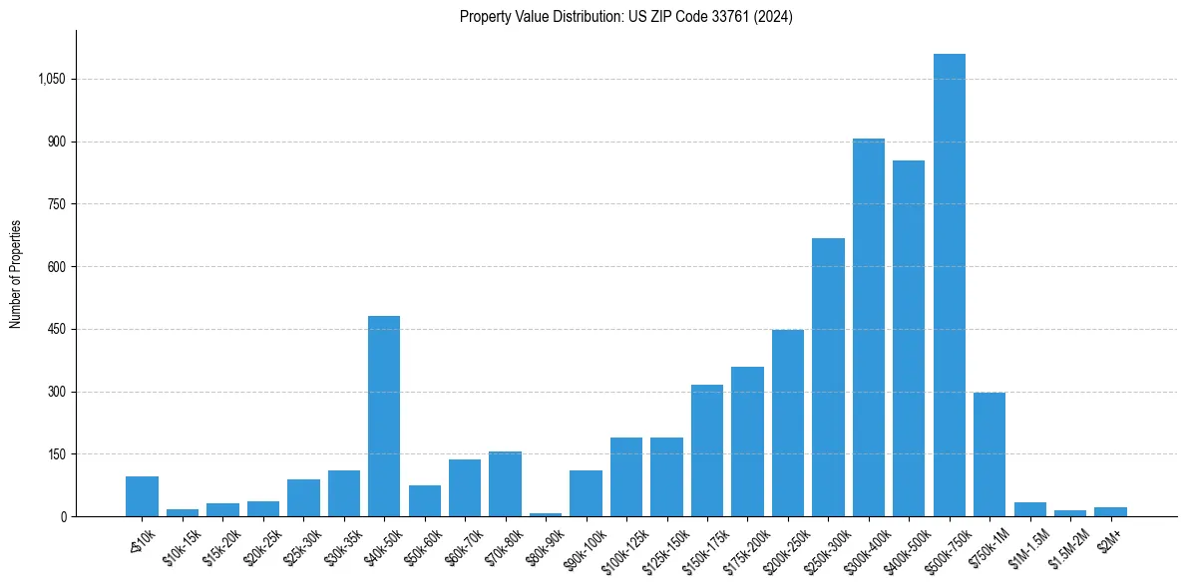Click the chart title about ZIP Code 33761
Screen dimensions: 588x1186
tap(625, 17)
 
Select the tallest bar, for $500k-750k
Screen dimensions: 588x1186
tap(949, 285)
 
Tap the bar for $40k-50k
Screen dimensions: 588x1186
tap(384, 417)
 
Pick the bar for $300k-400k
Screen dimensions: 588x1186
tap(868, 328)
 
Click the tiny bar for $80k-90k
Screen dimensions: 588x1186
tap(546, 514)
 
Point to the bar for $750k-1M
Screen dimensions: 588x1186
tap(989, 454)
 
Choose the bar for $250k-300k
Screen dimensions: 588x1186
tap(828, 378)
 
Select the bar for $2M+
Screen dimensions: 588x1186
tap(1110, 511)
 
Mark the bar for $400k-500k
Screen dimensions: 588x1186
tap(909, 339)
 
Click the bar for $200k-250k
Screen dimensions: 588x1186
tap(787, 424)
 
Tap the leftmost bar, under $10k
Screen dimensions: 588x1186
tap(142, 496)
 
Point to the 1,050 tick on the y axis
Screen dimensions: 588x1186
tap(52, 80)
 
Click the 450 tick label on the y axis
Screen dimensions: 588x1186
tap(56, 330)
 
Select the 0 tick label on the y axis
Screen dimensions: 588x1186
tap(62, 517)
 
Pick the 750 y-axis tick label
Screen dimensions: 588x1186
tap(56, 204)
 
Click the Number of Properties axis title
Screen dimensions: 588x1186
tap(16, 274)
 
